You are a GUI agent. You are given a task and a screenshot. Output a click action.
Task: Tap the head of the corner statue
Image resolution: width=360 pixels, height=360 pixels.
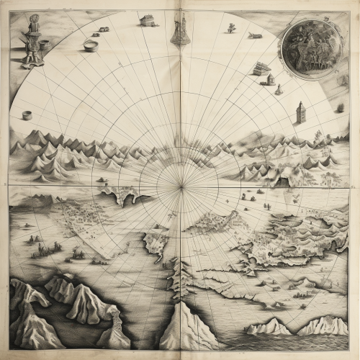click(x=33, y=20)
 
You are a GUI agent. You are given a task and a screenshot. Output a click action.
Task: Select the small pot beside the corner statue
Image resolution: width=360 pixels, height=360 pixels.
click(x=45, y=43)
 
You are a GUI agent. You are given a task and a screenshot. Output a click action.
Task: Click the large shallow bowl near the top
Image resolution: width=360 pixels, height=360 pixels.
click(x=91, y=46)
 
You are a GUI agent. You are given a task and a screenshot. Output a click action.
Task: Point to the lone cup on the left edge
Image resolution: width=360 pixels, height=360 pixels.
click(x=27, y=114)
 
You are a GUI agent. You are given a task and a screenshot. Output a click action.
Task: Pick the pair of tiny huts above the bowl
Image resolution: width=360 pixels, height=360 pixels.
click(x=104, y=30)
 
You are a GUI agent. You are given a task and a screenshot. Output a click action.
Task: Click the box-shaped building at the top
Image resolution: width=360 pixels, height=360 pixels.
click(x=148, y=20)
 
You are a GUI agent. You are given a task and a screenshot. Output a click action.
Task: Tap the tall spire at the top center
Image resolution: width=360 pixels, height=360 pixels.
click(x=180, y=29)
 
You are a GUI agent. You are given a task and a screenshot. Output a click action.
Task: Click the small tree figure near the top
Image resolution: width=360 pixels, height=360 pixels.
click(x=231, y=28)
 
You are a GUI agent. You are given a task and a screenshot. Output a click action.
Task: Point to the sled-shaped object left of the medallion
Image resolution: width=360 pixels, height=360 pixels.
click(x=255, y=35)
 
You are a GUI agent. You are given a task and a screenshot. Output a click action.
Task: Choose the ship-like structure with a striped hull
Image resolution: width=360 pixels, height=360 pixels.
click(x=261, y=68)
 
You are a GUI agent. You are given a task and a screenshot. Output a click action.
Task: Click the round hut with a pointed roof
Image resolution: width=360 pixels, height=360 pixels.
click(x=270, y=79)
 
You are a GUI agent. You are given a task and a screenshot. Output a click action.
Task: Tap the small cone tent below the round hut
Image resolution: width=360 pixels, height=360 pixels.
click(x=279, y=90)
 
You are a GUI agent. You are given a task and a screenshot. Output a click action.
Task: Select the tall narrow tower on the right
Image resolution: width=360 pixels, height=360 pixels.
click(x=301, y=112)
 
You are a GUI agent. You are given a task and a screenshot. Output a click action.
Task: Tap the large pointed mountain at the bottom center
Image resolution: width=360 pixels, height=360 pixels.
click(x=185, y=328)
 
